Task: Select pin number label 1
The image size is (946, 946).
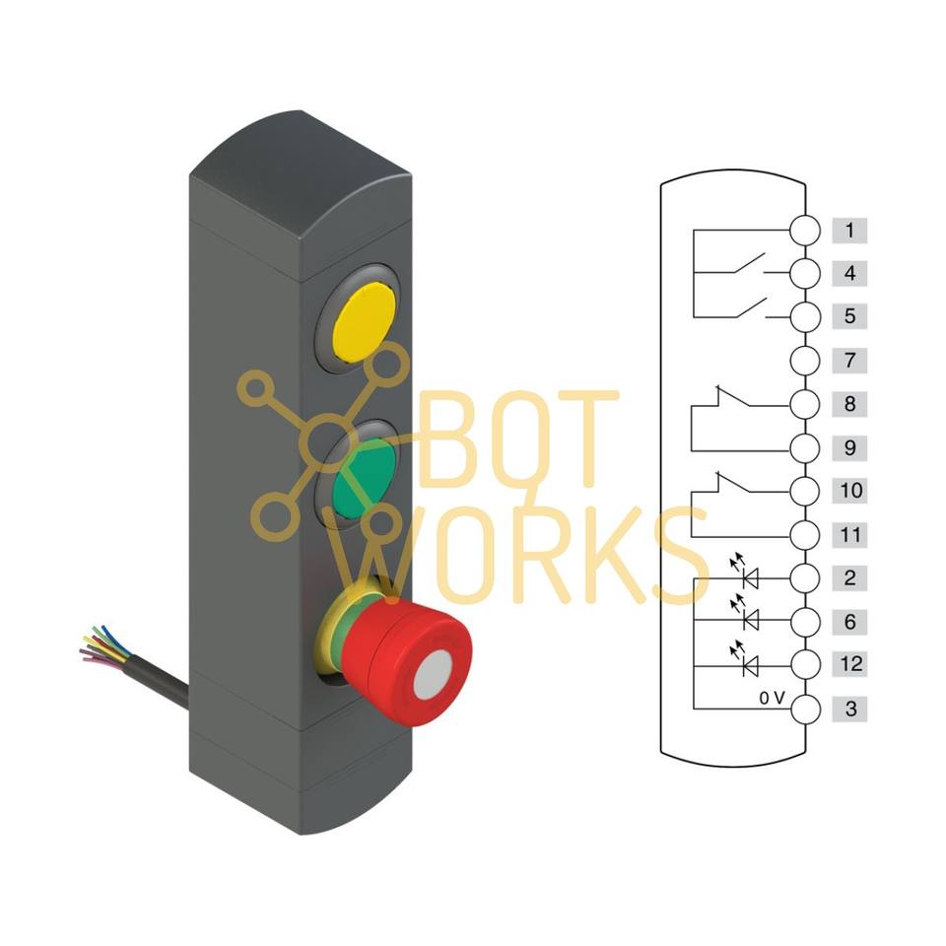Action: point(848,231)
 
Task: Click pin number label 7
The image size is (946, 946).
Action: point(848,361)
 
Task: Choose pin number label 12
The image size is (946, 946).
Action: point(848,664)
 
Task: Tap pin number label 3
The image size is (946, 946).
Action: point(848,708)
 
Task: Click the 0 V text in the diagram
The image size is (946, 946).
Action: point(772,698)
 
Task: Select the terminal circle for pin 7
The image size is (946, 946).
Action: point(805,361)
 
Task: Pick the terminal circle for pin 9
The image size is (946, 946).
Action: point(805,447)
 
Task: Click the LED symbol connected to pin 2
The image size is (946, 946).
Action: point(749,576)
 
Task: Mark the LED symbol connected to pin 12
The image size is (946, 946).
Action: point(749,665)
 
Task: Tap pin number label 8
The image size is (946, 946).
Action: point(848,404)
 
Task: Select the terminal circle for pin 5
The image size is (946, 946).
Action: point(805,317)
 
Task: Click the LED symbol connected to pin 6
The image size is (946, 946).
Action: point(749,620)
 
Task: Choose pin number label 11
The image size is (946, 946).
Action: point(848,534)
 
